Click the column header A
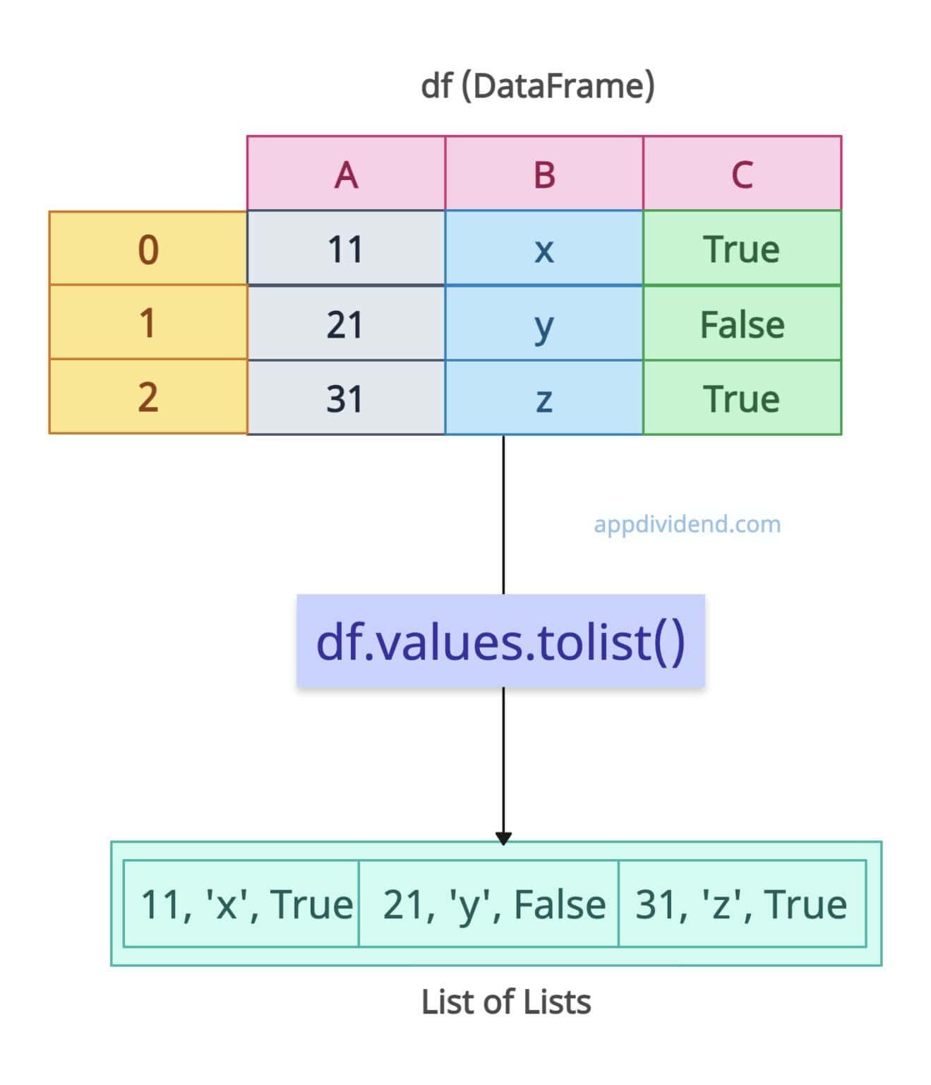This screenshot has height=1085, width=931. coord(346,174)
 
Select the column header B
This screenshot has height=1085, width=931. coord(544,174)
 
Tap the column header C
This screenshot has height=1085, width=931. coord(742,174)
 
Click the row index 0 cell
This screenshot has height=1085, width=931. coord(148,249)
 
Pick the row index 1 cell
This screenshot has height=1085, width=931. coord(148,323)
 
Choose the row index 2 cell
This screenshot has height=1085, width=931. coord(148,396)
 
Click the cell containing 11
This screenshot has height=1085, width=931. coord(346,249)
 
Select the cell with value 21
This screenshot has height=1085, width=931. coord(346,324)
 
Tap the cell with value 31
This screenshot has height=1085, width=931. coord(346,398)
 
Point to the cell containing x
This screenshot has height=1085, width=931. coord(544,249)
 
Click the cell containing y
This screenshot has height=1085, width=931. coord(544,324)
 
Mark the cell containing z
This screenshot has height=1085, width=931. coord(544,398)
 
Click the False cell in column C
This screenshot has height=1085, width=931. coord(742,324)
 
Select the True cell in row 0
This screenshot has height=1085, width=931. coord(742,249)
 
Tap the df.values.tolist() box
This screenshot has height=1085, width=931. coord(500,641)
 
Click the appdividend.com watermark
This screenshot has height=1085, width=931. coord(687,524)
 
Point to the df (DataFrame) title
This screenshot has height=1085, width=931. coord(537,86)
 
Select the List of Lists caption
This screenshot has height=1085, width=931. coord(505,1002)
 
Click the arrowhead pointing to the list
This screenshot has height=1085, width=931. coord(503,838)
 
